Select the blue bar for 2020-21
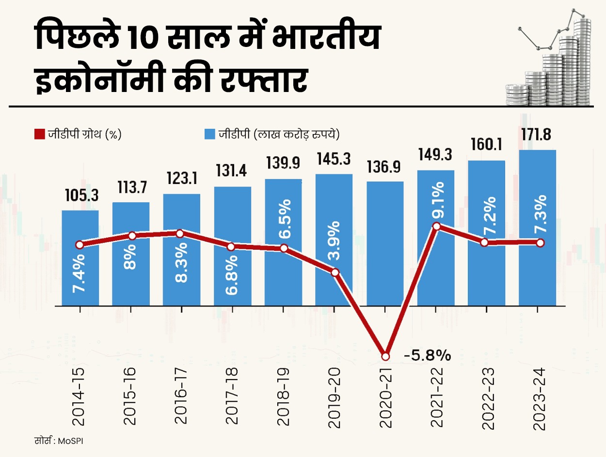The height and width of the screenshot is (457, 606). pyautogui.click(x=385, y=242)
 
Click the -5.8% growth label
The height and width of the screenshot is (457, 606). pyautogui.click(x=427, y=356)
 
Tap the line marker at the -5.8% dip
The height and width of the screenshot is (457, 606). pyautogui.click(x=385, y=356)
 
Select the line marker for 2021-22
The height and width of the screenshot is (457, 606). pyautogui.click(x=436, y=226)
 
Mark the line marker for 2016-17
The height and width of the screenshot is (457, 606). pyautogui.click(x=180, y=233)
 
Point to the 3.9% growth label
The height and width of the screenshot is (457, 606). pyautogui.click(x=335, y=242)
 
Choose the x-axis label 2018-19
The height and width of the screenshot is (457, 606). pyautogui.click(x=283, y=398)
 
